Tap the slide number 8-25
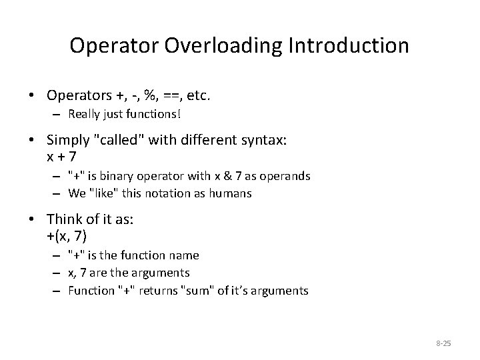[443, 343]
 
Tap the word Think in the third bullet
[63, 219]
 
